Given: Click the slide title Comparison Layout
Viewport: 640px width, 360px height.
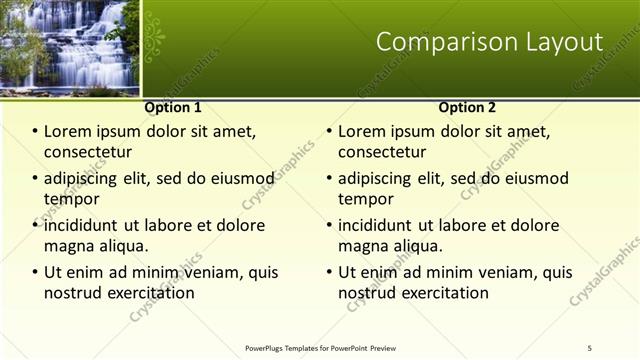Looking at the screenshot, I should click(489, 42).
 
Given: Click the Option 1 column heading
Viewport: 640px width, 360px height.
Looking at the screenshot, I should click(173, 107).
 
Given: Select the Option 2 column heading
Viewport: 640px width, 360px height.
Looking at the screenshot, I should click(467, 107).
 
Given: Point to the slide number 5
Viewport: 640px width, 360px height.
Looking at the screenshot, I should click(590, 347).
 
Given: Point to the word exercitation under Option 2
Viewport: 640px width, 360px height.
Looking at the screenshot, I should click(443, 293).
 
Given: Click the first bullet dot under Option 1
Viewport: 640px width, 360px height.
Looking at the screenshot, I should click(35, 132).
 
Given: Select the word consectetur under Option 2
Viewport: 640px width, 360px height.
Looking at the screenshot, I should click(384, 152).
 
